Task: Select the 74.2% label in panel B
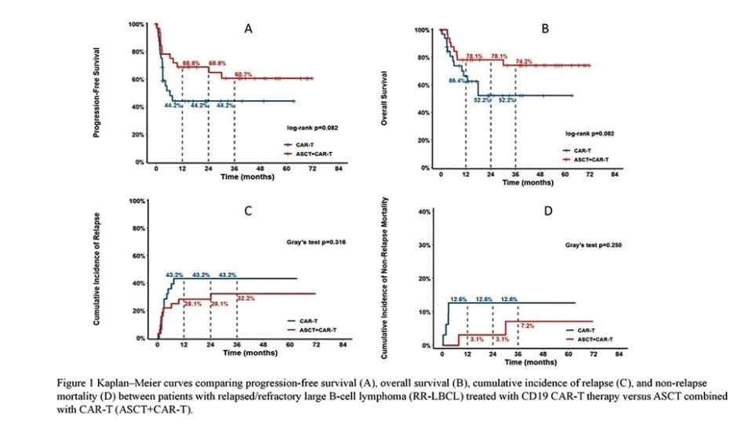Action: [524, 61]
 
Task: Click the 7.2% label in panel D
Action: [528, 325]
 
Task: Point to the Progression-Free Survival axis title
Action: [96, 92]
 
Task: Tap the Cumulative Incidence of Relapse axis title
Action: [96, 270]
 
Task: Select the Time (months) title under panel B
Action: [526, 182]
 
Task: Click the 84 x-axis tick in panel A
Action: [340, 169]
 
